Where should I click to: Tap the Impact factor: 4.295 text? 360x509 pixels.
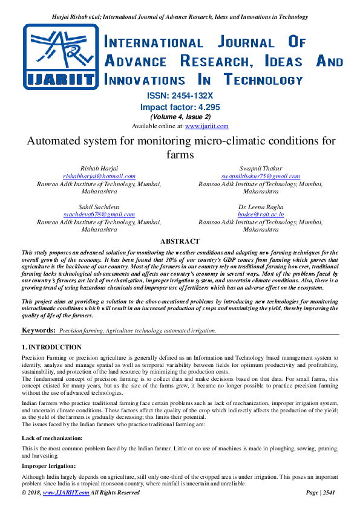tap(180, 106)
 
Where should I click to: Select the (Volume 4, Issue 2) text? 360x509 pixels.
tap(180, 117)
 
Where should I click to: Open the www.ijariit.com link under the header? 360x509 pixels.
tap(206, 126)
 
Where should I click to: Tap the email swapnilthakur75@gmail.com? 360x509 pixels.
tap(260, 176)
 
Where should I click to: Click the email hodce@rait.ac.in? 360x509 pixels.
tap(260, 214)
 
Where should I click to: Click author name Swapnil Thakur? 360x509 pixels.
tap(260, 168)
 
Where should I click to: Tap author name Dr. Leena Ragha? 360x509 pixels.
tap(260, 207)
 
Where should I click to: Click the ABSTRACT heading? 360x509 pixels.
tap(180, 241)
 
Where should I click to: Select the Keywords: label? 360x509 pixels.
tap(39, 330)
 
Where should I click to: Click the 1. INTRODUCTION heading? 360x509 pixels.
tap(51, 348)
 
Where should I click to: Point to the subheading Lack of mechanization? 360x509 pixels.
tap(53, 436)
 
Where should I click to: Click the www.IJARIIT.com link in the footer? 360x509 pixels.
tap(66, 493)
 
